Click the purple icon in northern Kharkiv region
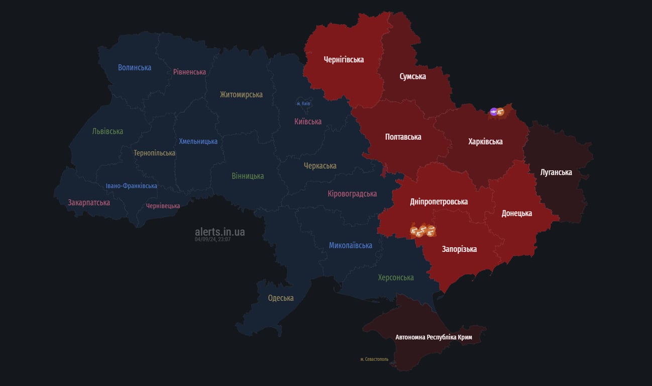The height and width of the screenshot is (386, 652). click(x=493, y=112)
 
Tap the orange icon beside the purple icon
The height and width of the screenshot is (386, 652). click(x=500, y=112)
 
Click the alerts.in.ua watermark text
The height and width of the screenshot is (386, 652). click(x=220, y=232)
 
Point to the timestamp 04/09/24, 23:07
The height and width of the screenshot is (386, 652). click(x=212, y=239)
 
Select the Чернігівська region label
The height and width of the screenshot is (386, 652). click(x=343, y=60)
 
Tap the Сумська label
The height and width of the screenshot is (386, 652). click(x=412, y=76)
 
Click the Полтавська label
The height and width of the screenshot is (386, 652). click(x=403, y=137)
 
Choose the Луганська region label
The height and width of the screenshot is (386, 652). click(x=556, y=172)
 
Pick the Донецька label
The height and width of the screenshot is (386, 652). click(x=516, y=213)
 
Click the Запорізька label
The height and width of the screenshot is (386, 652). click(x=459, y=249)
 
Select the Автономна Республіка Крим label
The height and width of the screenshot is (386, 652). click(x=433, y=337)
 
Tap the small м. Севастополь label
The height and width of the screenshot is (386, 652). click(x=374, y=359)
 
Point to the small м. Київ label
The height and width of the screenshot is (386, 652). click(x=303, y=104)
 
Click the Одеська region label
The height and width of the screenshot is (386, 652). click(x=280, y=298)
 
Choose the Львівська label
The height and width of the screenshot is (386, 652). click(x=107, y=131)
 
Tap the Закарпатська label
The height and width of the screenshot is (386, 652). click(x=89, y=203)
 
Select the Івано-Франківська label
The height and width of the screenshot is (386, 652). click(x=131, y=186)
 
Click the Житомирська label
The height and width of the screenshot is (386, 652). click(x=241, y=94)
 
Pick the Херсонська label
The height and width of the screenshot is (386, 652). click(x=396, y=277)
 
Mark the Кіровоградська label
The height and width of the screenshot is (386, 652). click(x=352, y=194)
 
